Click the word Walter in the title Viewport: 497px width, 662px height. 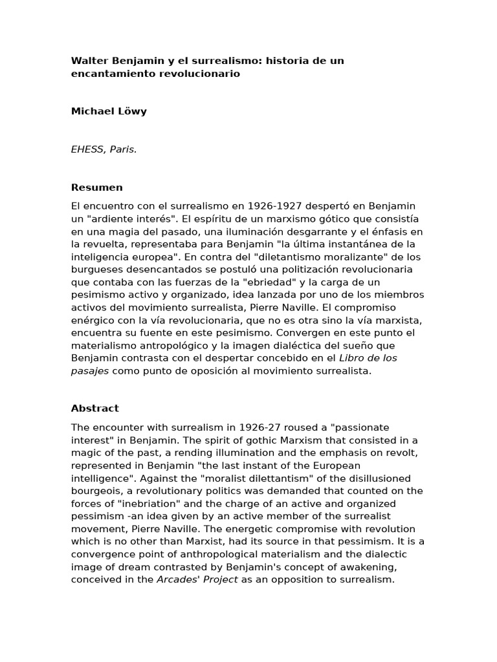pyautogui.click(x=89, y=61)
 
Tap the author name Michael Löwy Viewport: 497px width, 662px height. pyautogui.click(x=109, y=111)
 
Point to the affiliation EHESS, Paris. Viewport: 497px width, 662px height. pyautogui.click(x=104, y=149)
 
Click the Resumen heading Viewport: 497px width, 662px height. pyautogui.click(x=96, y=187)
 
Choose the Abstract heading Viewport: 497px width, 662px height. pyautogui.click(x=95, y=409)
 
